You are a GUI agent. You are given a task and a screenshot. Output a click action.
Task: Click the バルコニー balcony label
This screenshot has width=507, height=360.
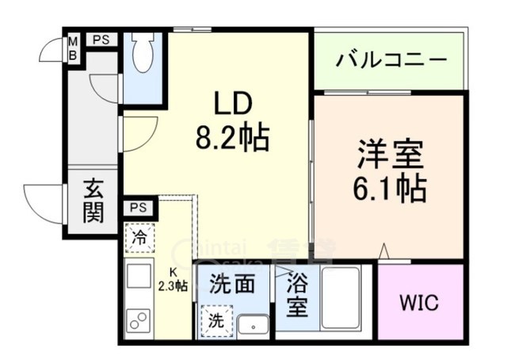391,60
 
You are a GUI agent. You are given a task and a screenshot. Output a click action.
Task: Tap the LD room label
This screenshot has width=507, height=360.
232,103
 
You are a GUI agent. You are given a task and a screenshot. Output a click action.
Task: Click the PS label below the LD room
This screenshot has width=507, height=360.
139,209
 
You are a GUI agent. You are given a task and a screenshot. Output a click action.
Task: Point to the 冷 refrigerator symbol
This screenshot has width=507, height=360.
139,236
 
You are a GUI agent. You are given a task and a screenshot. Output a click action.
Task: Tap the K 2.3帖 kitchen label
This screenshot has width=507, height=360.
172,281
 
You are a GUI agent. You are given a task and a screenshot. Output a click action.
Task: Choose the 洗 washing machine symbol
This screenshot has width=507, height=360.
216,321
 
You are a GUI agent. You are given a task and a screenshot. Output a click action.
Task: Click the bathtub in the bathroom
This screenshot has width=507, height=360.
341,301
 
